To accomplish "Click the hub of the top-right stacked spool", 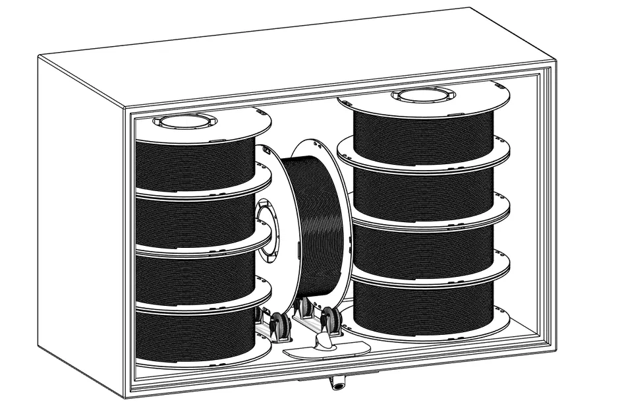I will coord(423,94).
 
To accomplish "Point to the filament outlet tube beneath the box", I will coord(338,383).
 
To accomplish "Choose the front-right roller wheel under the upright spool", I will coord(333,321).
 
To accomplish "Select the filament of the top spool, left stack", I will coord(194,165).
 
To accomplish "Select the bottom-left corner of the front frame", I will coord(128,392).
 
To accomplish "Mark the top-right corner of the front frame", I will coord(552,66).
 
